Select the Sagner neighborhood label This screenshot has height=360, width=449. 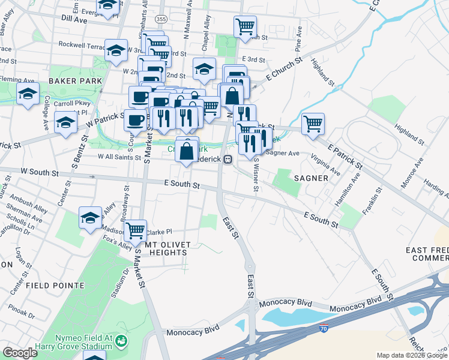click(x=310, y=178)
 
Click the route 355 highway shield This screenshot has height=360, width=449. click(x=160, y=20)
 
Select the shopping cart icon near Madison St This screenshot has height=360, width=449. click(x=136, y=229)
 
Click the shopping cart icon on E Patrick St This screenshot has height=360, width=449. click(x=313, y=124)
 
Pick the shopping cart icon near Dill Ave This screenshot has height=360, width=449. click(x=245, y=26)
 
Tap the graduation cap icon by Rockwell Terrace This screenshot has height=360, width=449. click(x=116, y=50)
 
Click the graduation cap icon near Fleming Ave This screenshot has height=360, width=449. click(x=28, y=94)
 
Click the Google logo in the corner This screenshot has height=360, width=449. click(x=20, y=352)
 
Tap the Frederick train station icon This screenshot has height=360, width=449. click(x=228, y=159)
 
